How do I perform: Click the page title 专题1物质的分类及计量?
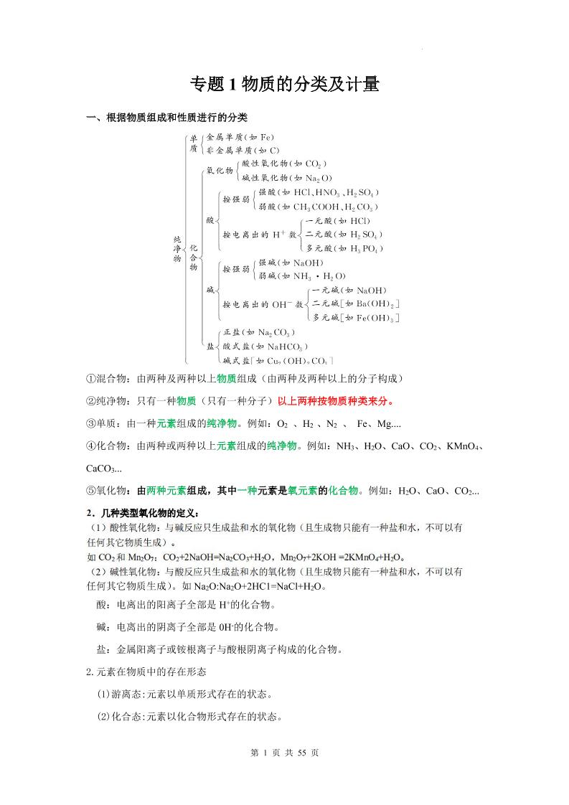click(284, 85)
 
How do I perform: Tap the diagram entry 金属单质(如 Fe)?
click(240, 136)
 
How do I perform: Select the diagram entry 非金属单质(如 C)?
click(243, 151)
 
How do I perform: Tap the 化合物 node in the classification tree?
click(193, 255)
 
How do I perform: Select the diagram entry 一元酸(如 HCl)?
click(338, 220)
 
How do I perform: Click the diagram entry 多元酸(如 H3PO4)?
click(344, 248)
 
